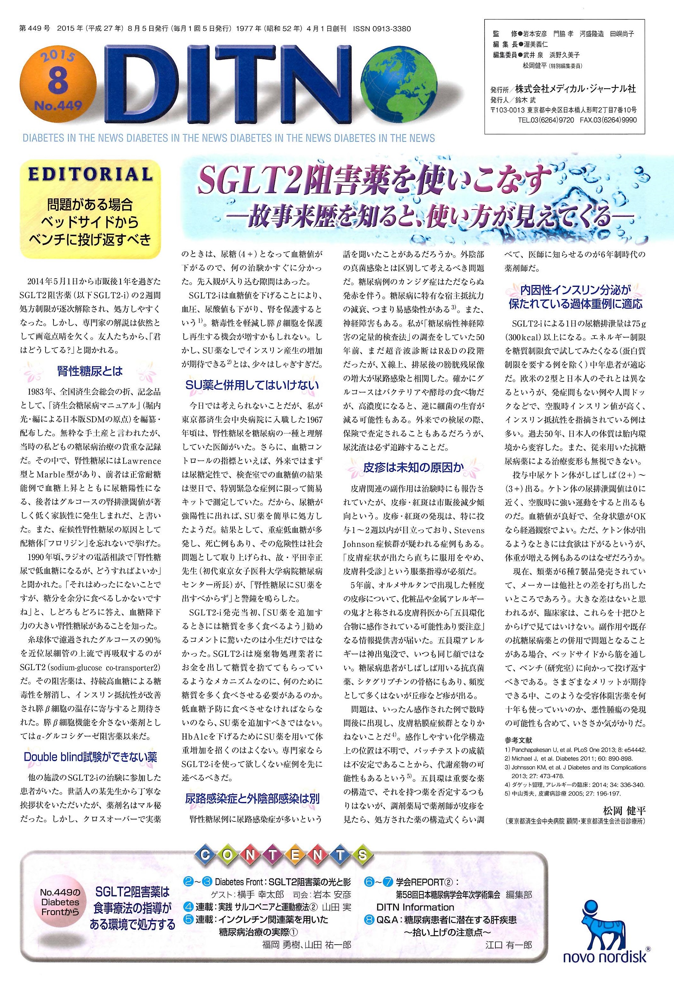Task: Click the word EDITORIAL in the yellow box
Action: pyautogui.click(x=90, y=175)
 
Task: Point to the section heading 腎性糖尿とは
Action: pyautogui.click(x=90, y=370)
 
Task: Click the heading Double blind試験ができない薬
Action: pyautogui.click(x=90, y=757)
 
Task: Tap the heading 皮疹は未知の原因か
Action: pyautogui.click(x=413, y=468)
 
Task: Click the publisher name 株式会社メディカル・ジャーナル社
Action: pyautogui.click(x=575, y=89)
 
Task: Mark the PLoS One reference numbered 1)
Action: pyautogui.click(x=575, y=750)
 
